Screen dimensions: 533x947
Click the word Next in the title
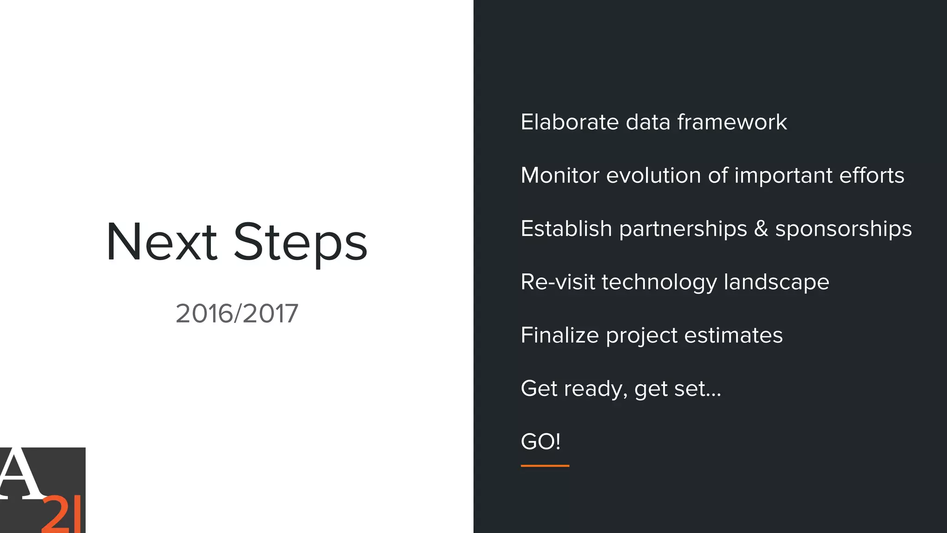click(x=161, y=242)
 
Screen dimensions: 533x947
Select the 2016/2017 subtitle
click(x=237, y=314)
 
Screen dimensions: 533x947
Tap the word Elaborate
click(x=569, y=122)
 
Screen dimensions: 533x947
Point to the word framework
click(x=732, y=122)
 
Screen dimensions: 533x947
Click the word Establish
click(x=566, y=229)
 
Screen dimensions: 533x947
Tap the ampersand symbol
click(x=761, y=229)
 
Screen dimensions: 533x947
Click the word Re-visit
click(x=557, y=282)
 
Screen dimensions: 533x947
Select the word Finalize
click(x=560, y=335)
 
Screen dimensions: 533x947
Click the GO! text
click(x=541, y=441)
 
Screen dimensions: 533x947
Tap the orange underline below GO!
click(x=545, y=465)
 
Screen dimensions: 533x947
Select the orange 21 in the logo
click(x=61, y=514)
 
